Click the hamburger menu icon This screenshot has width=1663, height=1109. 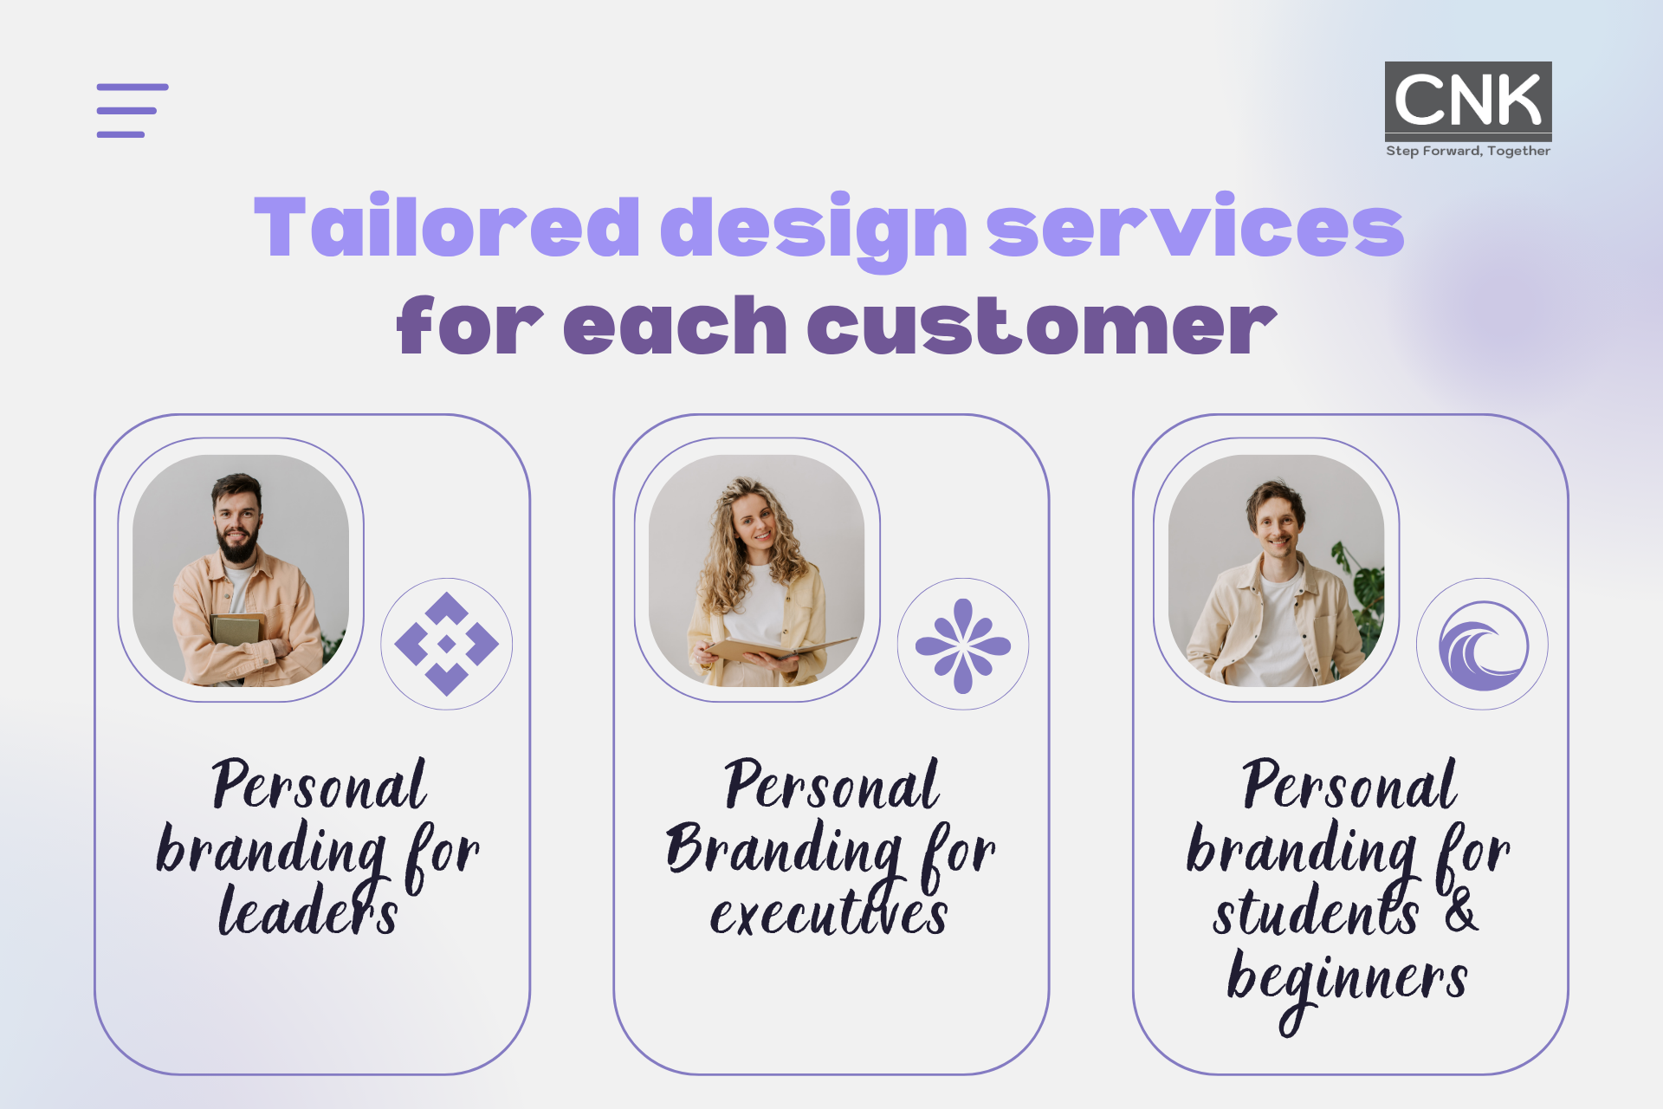(x=133, y=111)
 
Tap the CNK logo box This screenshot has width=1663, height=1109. (x=1468, y=101)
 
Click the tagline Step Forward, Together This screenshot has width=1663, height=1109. (x=1468, y=151)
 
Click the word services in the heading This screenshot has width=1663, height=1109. (x=1195, y=227)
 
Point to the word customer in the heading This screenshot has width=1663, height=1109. (x=1042, y=326)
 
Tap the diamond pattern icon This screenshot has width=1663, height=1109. (x=447, y=644)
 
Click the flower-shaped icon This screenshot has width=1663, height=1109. (x=963, y=645)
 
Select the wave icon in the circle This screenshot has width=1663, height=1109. (x=1483, y=645)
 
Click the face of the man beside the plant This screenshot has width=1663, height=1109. (x=1276, y=524)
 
